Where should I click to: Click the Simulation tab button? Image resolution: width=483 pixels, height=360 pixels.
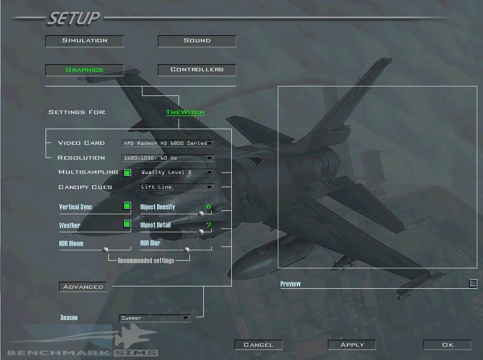[x=85, y=41]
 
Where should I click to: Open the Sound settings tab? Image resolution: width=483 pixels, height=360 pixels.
[x=197, y=41]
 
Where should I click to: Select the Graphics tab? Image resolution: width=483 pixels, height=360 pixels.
[x=85, y=70]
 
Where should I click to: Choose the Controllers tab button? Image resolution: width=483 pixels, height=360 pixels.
[x=197, y=70]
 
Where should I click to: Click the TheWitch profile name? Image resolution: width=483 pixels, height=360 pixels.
[x=185, y=112]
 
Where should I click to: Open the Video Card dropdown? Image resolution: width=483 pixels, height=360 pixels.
[x=168, y=143]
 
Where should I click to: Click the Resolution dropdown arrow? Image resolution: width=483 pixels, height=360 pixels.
[x=210, y=158]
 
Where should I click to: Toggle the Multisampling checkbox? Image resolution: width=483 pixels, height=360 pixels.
[x=127, y=173]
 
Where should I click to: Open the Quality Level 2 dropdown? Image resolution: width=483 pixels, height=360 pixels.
[x=177, y=172]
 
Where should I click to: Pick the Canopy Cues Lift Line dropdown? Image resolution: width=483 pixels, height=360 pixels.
[x=177, y=187]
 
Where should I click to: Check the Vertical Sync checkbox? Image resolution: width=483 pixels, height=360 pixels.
[x=127, y=206]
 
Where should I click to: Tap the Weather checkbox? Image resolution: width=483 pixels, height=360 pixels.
[x=127, y=224]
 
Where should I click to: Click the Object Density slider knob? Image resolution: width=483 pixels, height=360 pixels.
[x=201, y=213]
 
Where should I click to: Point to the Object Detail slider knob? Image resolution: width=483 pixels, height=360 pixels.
[x=201, y=232]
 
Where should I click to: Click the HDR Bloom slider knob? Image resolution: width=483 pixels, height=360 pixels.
[x=105, y=249]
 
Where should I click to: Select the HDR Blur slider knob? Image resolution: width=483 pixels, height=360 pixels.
[x=187, y=249]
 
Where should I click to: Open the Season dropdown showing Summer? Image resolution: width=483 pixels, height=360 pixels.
[x=155, y=318]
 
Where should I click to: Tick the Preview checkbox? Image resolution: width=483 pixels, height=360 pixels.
[x=473, y=283]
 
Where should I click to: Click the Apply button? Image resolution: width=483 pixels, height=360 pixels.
[x=352, y=345]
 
